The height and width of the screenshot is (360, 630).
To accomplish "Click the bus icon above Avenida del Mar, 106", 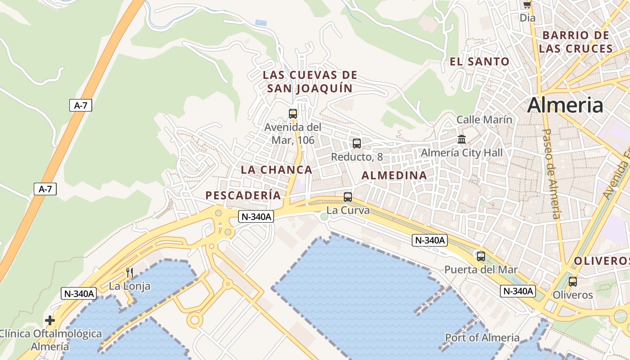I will (293, 114).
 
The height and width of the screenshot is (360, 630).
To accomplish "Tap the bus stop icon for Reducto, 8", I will (357, 144).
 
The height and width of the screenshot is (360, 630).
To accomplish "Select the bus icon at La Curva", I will (348, 197).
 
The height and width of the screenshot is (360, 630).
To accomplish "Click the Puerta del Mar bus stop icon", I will (481, 256).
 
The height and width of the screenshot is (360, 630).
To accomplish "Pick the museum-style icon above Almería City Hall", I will (462, 139).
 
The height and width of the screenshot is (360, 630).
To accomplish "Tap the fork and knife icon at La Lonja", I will (130, 273).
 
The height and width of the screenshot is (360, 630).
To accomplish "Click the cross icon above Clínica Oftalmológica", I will (50, 320).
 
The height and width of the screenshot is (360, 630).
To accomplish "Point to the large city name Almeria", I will (565, 105).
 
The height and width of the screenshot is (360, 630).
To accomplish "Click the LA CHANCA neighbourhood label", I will (276, 170).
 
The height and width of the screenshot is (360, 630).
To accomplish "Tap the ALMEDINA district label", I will (394, 175).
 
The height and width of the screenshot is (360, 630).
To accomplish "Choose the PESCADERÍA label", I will (243, 195).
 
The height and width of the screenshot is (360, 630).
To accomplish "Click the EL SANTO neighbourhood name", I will (480, 62).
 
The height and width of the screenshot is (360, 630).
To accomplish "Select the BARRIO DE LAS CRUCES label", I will (576, 42).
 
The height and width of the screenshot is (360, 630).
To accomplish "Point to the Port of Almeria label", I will (482, 337).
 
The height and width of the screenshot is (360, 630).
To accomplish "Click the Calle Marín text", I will (484, 120).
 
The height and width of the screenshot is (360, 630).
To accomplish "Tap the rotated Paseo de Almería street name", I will (551, 174).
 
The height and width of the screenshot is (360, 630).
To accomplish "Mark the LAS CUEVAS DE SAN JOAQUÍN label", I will (310, 81).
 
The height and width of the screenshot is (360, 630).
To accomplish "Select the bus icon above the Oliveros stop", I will (573, 282).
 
